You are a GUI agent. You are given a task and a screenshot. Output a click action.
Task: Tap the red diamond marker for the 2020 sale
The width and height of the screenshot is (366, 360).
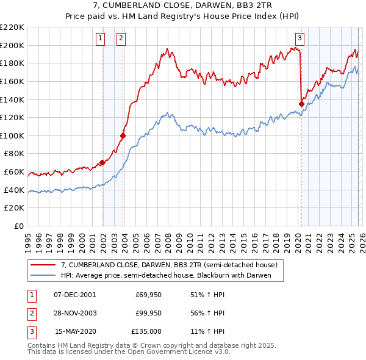coord(301,104)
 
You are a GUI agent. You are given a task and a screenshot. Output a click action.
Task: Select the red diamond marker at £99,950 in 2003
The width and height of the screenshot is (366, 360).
coord(123,135)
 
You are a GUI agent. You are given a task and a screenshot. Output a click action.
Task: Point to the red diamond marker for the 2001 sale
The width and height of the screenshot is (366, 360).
coord(102,162)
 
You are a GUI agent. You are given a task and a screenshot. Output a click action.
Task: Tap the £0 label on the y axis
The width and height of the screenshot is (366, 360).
coord(18,226)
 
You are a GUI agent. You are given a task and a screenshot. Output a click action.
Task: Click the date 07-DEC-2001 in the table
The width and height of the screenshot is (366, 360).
coord(74,295)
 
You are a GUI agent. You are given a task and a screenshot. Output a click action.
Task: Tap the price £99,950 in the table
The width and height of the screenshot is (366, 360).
coord(148,313)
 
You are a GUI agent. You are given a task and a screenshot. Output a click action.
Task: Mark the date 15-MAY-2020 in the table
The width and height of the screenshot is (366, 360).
coord(75,331)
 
